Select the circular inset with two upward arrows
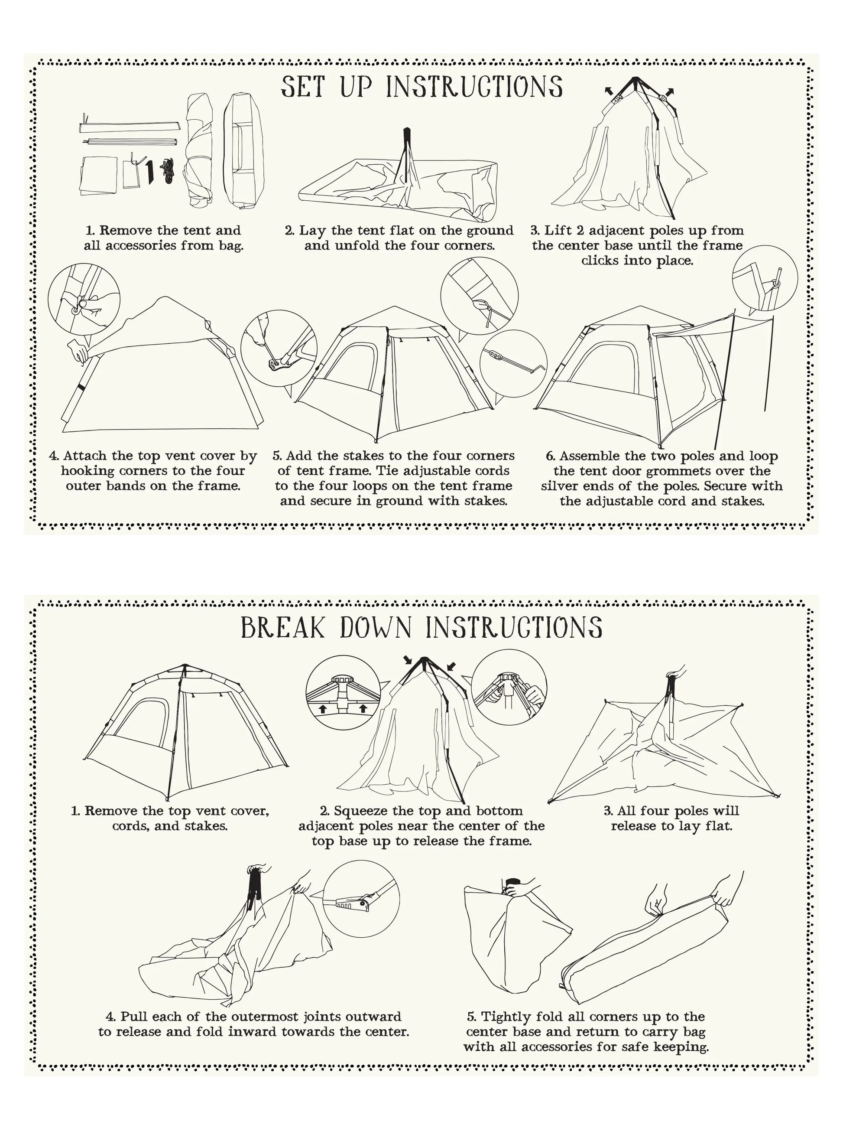(x=343, y=693)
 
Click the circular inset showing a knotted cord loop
(x=479, y=297)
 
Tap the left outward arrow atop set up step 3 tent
(x=608, y=91)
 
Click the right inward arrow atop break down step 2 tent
(x=451, y=666)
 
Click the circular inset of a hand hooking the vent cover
(x=84, y=300)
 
